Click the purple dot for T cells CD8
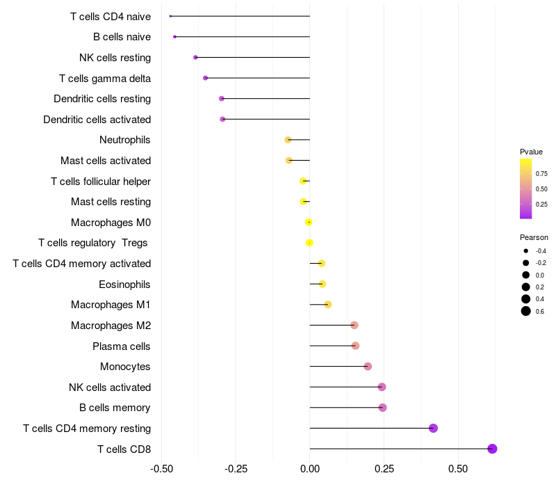tap(492, 449)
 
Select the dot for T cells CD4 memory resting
tap(433, 428)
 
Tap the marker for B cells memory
tap(382, 408)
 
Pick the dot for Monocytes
tap(368, 367)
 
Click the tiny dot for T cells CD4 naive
tap(170, 16)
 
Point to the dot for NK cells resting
tap(195, 57)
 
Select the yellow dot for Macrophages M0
tap(309, 222)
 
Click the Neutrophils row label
tap(125, 140)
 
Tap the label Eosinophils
tap(125, 284)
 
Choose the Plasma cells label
tap(122, 346)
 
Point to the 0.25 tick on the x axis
tap(384, 468)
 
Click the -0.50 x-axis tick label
tap(162, 468)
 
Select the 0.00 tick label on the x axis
tap(310, 468)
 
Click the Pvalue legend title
tap(531, 152)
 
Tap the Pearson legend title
tap(534, 237)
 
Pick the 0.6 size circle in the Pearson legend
tap(526, 311)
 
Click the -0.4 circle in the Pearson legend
tap(526, 250)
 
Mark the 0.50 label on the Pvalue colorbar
tap(541, 189)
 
